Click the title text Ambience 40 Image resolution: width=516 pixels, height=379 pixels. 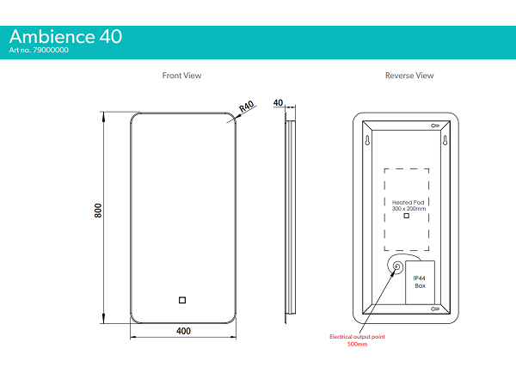point(65,36)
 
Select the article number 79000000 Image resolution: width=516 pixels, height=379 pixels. point(52,51)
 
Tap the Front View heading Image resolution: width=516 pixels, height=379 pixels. point(181,76)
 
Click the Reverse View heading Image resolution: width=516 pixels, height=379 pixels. point(409,76)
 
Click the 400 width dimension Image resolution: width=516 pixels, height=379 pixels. point(183,331)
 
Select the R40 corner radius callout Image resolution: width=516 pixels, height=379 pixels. point(247,107)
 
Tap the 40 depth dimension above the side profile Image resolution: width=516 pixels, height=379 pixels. point(278,101)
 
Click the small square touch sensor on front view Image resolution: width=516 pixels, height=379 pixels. point(182,300)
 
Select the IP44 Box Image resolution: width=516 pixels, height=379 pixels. point(420,282)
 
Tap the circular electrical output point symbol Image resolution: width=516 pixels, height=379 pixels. point(397,267)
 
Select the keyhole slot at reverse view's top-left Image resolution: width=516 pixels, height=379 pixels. point(366,138)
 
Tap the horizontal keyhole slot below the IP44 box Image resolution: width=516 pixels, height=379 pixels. point(435,308)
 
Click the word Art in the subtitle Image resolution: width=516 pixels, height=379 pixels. point(15,51)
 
